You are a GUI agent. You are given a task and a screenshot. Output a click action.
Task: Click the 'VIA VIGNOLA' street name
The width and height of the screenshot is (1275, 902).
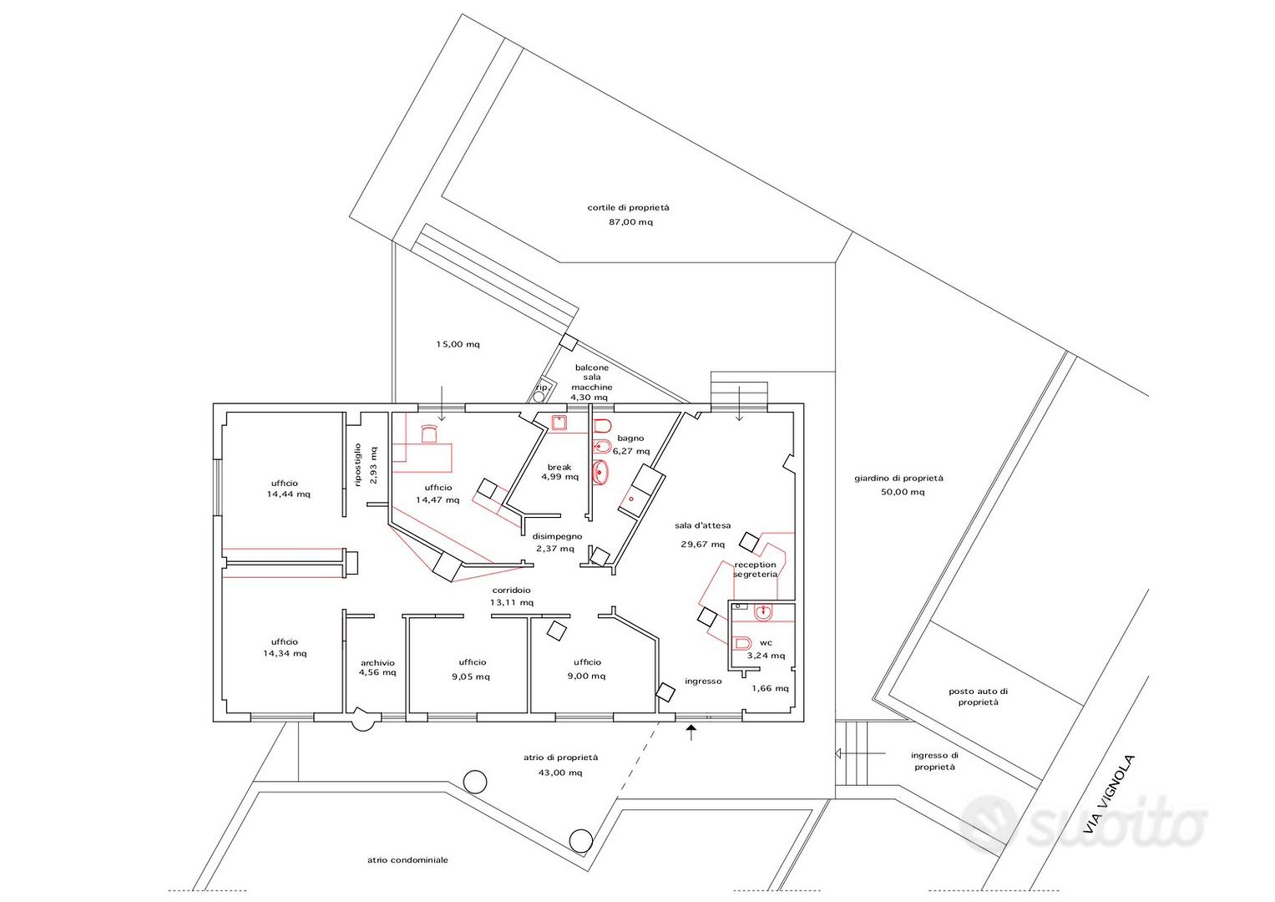[1108, 795]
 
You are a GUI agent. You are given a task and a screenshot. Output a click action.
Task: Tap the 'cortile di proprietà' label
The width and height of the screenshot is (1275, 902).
[629, 208]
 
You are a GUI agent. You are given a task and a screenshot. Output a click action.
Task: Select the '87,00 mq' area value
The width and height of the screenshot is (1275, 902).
[630, 222]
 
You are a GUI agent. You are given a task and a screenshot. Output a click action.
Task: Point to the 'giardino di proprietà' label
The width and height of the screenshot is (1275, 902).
[898, 479]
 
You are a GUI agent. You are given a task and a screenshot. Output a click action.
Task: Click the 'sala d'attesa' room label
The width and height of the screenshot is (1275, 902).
[702, 525]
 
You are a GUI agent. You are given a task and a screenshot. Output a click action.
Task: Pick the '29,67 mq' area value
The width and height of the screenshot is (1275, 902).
[703, 545]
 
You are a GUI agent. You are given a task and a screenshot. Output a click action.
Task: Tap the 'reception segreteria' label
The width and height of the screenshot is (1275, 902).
[756, 570]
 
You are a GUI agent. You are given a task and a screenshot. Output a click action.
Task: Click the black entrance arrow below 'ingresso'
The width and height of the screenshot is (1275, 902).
[691, 732]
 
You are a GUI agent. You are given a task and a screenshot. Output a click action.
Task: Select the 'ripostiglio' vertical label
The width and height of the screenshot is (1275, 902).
[357, 465]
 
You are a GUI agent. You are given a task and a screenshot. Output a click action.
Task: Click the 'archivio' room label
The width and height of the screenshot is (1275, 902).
[377, 663]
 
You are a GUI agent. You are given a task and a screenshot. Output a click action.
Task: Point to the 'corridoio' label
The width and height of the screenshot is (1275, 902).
[512, 590]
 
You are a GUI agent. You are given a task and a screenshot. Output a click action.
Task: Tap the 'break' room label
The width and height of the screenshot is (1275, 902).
[559, 468]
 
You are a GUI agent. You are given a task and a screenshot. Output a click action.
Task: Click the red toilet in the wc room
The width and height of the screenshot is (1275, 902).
[742, 643]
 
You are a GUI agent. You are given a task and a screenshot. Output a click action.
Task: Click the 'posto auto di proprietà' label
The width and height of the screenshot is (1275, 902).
[978, 697]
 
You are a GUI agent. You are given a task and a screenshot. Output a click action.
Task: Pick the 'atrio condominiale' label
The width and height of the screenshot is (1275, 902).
[407, 860]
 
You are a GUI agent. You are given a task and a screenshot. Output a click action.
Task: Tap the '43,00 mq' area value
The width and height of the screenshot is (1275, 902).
[560, 773]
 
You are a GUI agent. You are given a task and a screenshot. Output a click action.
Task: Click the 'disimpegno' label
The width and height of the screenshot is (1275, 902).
[557, 536]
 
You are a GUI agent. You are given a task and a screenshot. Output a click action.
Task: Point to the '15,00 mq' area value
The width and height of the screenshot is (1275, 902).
[458, 344]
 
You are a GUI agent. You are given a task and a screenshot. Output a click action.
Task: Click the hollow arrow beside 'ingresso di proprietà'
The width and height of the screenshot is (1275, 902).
[860, 753]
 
